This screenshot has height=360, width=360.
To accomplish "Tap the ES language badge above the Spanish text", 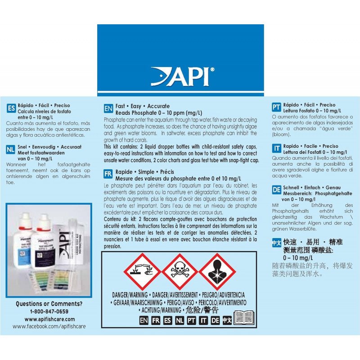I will (11, 108).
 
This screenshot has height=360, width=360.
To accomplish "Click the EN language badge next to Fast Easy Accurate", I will (108, 108).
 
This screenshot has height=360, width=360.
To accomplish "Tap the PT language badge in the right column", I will (277, 107).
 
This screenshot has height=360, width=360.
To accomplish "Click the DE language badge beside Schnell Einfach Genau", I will (277, 190).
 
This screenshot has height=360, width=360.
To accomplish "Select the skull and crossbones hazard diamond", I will (180, 271).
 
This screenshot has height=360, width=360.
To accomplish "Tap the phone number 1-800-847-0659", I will (49, 311).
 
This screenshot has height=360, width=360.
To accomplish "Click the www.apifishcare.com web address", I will (49, 319).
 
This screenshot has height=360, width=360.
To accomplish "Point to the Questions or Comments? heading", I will (49, 304).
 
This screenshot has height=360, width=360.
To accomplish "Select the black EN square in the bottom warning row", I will (144, 320).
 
